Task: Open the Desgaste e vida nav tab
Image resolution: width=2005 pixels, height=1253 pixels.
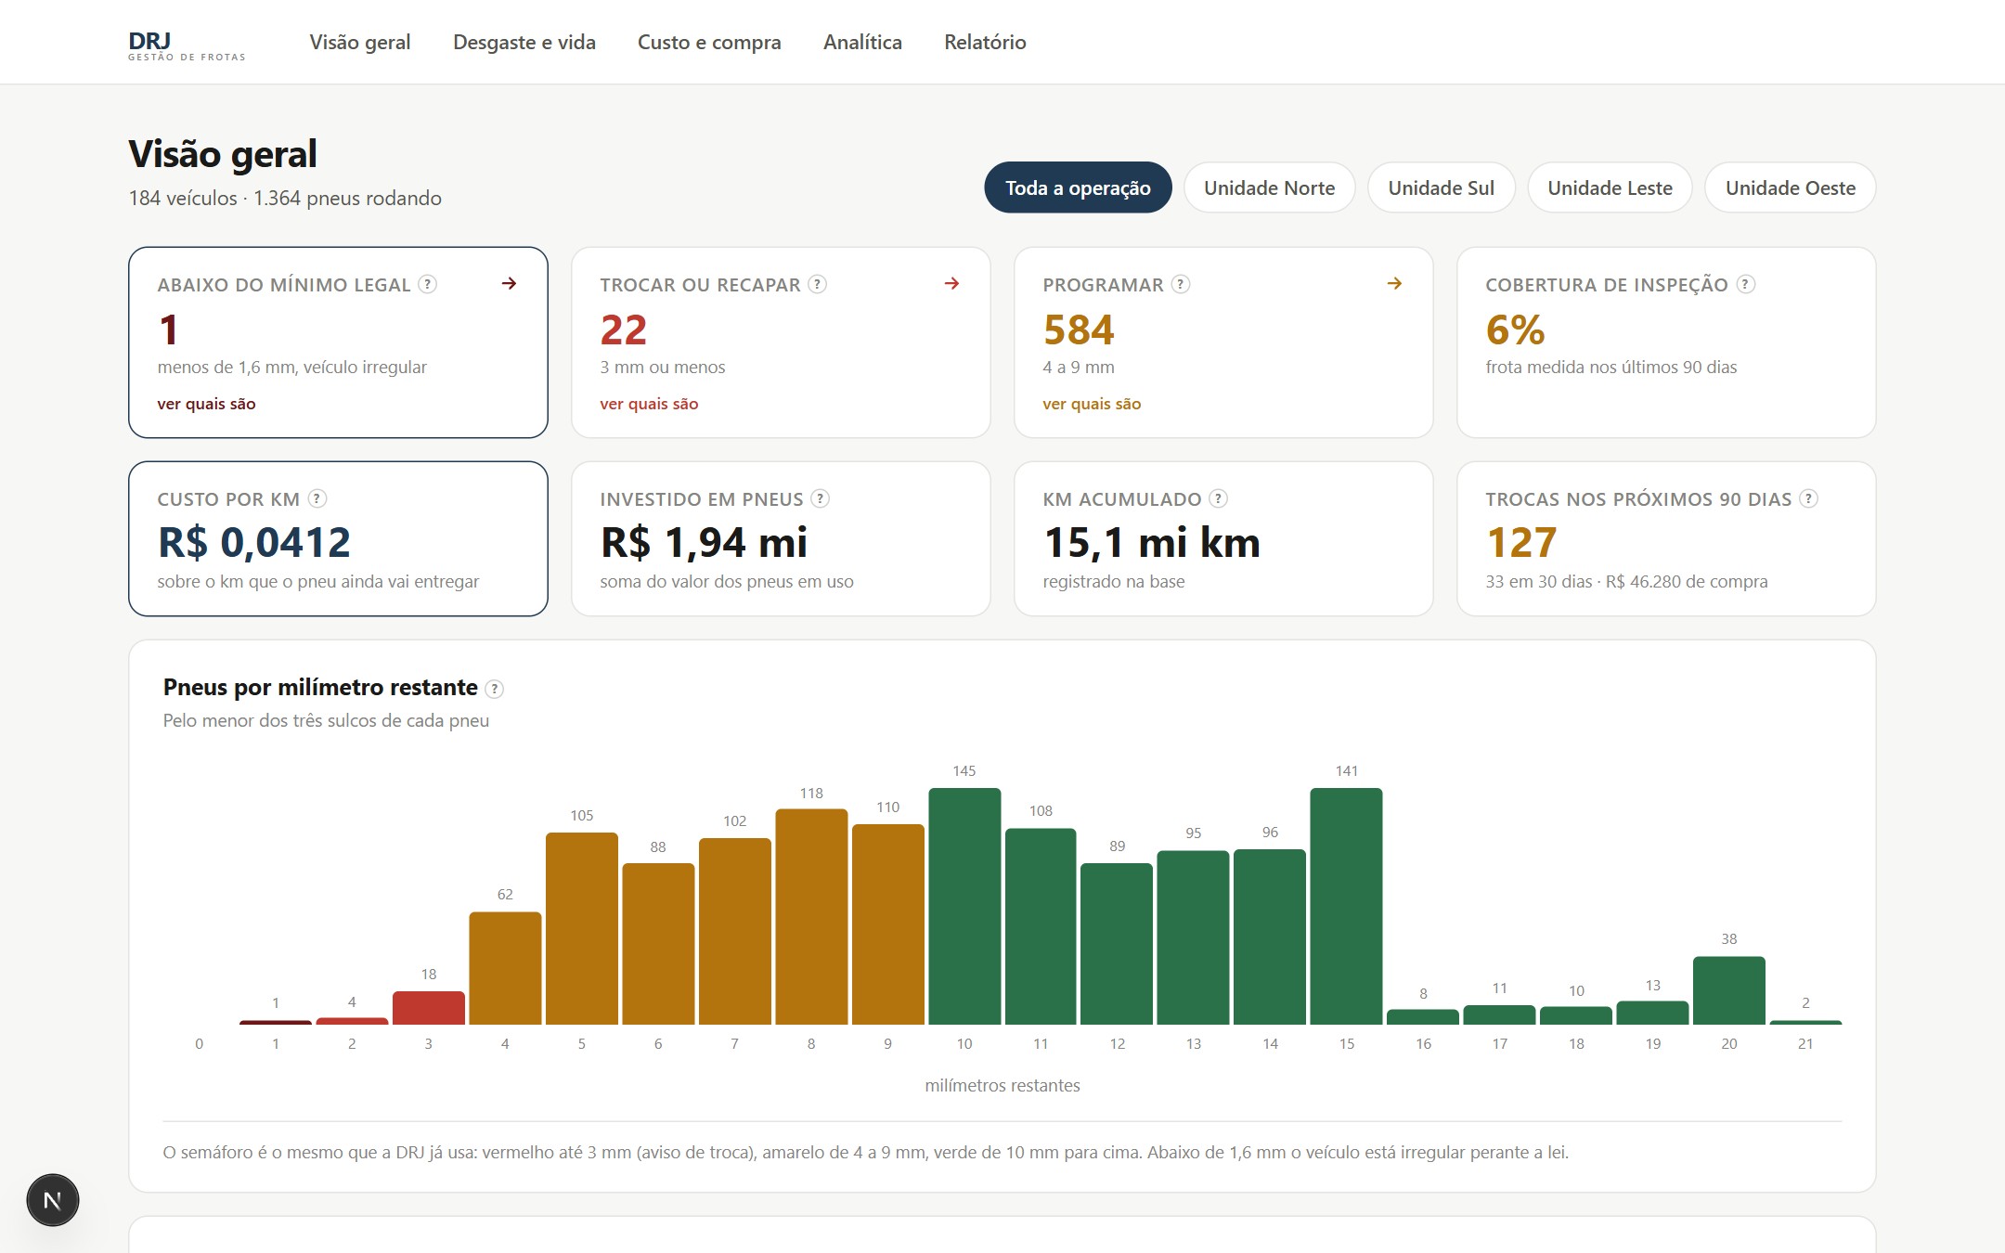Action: [x=524, y=42]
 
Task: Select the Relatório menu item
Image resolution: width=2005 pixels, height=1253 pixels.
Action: [x=985, y=42]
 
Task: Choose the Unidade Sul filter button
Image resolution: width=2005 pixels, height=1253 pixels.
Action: [x=1441, y=187]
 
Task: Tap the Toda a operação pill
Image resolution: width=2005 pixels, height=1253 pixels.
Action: [x=1078, y=187]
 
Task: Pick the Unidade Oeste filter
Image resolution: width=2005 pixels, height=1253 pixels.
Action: [x=1790, y=187]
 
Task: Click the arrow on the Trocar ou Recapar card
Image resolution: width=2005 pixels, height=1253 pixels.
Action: [x=951, y=283]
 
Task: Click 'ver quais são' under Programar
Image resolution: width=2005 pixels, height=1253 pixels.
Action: [x=1092, y=404]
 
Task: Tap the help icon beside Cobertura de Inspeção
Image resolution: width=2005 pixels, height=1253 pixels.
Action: [x=1746, y=284]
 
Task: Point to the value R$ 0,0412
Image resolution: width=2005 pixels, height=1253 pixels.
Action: [x=254, y=542]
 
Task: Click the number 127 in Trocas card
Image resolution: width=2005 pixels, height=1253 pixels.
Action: [x=1521, y=542]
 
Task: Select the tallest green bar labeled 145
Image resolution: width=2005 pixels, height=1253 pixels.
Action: [x=964, y=906]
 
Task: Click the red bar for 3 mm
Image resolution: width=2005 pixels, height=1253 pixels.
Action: [x=429, y=1008]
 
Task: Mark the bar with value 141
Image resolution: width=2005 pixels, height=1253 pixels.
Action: [x=1347, y=906]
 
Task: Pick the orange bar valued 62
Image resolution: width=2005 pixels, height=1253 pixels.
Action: [x=505, y=968]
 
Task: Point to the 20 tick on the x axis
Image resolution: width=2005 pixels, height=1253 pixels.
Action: [x=1729, y=1044]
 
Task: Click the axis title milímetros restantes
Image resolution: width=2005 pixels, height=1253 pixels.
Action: [x=1002, y=1085]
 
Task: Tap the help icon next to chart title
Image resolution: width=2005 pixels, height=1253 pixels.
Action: [x=495, y=689]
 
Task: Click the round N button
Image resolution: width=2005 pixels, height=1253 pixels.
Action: [x=53, y=1200]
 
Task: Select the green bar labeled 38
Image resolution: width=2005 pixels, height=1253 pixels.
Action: [x=1729, y=990]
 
